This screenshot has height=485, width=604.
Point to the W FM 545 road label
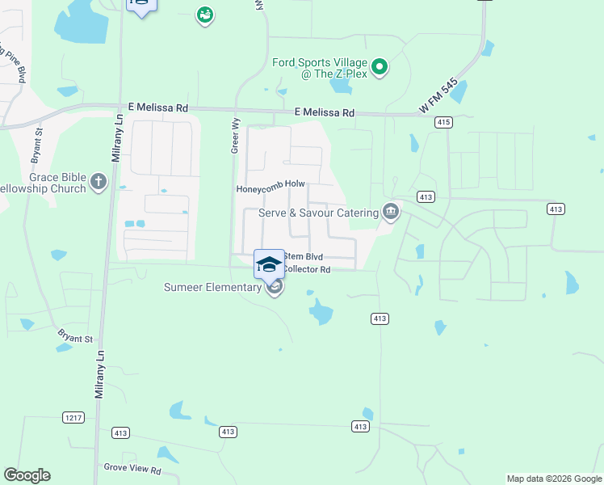coord(438,95)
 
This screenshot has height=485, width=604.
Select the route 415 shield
coord(443,122)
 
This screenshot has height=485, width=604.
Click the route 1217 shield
coord(73,417)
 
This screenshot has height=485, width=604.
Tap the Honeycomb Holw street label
coord(270,189)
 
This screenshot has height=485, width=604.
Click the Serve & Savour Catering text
coord(318,213)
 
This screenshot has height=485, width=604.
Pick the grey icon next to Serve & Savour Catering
coord(391,213)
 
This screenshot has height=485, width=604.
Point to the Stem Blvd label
coord(303,256)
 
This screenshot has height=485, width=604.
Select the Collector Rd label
coord(308,269)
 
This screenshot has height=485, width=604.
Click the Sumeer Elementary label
coord(212,287)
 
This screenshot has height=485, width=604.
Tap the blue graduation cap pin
coord(269,264)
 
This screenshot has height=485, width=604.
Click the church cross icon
coord(99,181)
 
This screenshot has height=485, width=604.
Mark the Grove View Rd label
coord(132,470)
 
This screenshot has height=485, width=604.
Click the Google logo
coord(27,475)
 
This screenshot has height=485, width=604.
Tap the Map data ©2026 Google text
coord(554,479)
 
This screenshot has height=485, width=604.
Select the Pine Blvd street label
coord(17,60)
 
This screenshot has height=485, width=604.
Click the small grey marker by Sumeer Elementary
coord(275,289)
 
